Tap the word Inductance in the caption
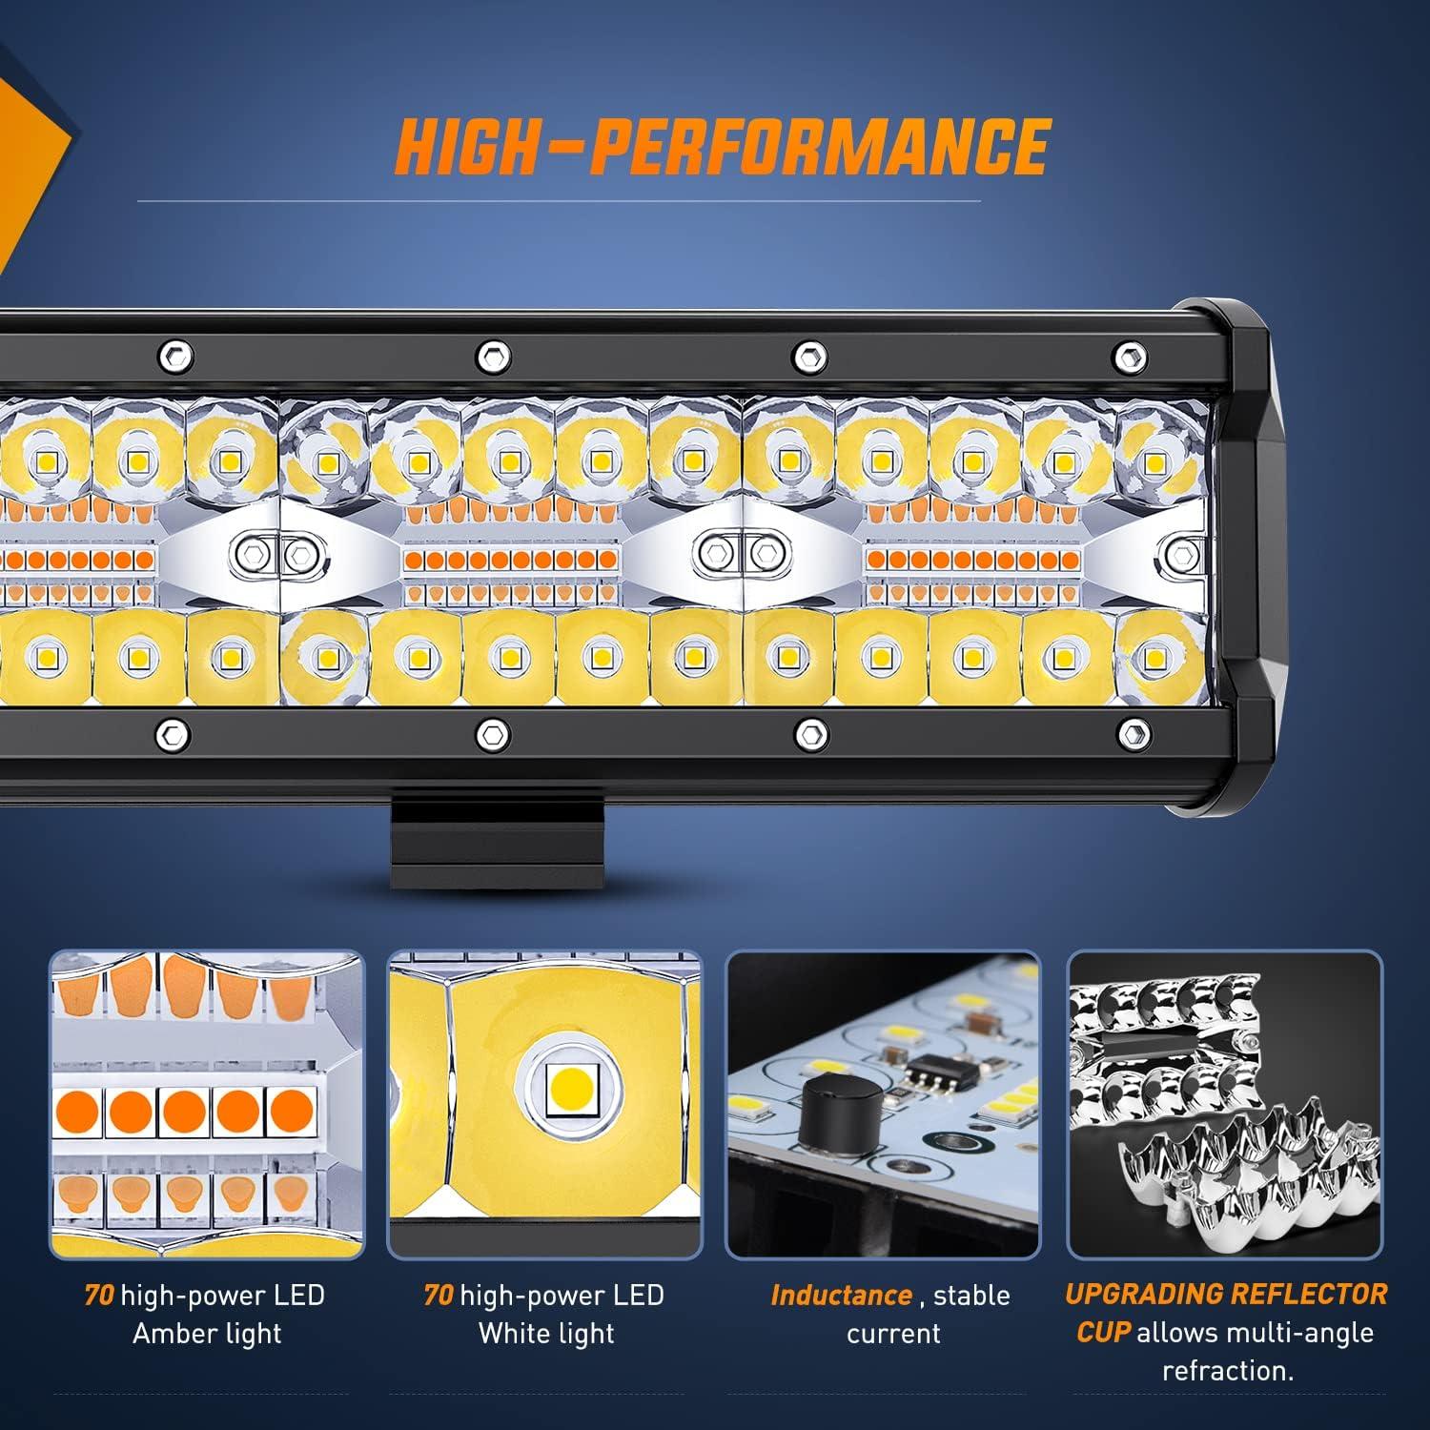[x=841, y=1295]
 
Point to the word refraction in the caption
[x=1227, y=1371]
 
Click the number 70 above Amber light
[x=99, y=1295]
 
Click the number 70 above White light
[x=439, y=1295]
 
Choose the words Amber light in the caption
[x=207, y=1333]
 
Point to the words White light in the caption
[x=546, y=1333]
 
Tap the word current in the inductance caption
[x=893, y=1333]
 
